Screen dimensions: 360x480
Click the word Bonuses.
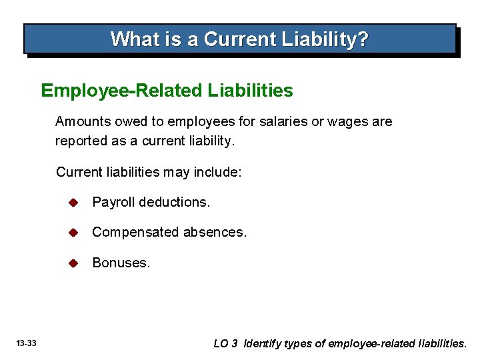121,263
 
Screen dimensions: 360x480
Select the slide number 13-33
27,344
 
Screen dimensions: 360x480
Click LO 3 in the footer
225,344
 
